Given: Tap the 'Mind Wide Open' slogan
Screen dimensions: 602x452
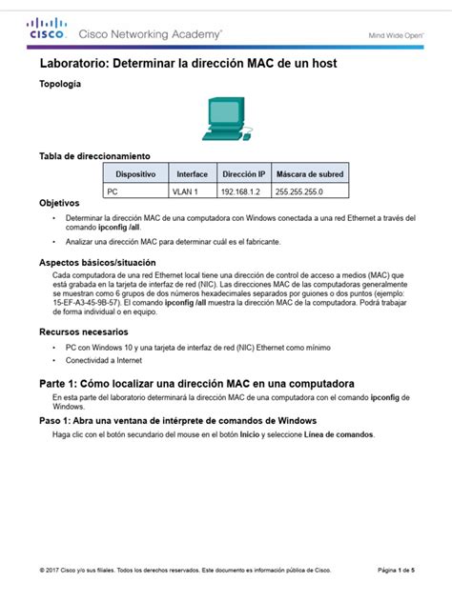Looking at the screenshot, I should (397, 35).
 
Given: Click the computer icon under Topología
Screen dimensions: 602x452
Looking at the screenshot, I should (225, 119).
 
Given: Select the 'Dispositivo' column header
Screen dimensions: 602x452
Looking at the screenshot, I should (135, 174).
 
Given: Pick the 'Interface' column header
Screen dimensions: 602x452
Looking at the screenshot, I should (192, 174).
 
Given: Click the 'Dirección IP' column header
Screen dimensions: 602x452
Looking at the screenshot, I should (242, 174).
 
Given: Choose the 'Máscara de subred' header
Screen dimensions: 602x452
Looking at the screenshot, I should (309, 174).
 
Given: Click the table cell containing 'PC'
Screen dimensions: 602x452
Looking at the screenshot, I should (113, 191).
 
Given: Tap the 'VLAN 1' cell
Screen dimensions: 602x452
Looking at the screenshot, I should (184, 191).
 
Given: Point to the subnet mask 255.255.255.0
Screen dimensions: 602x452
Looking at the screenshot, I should (299, 191).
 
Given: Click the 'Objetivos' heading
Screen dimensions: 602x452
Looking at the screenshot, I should (59, 204).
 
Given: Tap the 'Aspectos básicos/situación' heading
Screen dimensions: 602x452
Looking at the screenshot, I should (97, 262).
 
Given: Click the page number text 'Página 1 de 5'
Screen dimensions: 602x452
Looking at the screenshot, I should (395, 570).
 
